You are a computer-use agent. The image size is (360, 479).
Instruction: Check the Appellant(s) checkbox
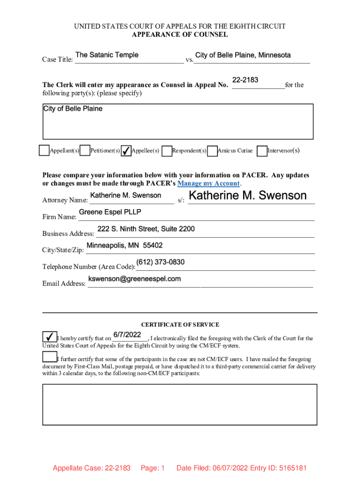click(44, 151)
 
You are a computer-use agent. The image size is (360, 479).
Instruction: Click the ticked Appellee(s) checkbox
click(126, 151)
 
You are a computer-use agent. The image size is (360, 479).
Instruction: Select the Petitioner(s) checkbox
click(85, 151)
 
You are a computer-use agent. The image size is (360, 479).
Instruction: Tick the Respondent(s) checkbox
click(167, 151)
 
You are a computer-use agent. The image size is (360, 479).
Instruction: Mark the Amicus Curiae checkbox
click(212, 151)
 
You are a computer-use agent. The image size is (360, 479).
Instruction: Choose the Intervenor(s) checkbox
click(262, 151)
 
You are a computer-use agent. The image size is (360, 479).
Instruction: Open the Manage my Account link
click(209, 183)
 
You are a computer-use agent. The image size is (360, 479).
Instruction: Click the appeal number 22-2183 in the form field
click(245, 80)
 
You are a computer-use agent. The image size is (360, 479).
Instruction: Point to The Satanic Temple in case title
click(107, 55)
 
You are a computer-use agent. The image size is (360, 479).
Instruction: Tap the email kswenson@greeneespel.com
click(135, 279)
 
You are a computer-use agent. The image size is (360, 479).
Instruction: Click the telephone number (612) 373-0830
click(160, 262)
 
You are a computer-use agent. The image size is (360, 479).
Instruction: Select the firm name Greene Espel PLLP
click(110, 212)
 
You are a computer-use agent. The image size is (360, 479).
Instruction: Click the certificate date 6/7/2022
click(127, 335)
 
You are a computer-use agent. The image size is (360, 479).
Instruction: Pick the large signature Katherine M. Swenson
click(247, 196)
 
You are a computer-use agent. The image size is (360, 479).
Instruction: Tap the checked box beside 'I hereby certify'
click(49, 337)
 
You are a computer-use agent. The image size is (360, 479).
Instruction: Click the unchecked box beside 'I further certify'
click(49, 357)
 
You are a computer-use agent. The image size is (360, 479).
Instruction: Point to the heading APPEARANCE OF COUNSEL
click(180, 35)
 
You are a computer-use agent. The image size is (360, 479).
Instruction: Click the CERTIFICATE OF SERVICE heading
click(180, 325)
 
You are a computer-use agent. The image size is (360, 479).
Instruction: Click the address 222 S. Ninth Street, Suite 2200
click(146, 229)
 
